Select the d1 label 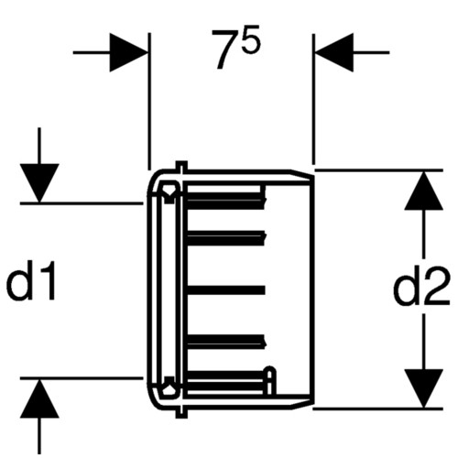(x=31, y=280)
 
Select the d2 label (x=421, y=286)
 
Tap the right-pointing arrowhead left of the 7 (x=129, y=52)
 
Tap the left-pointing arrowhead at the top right (x=334, y=52)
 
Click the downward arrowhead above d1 (x=39, y=183)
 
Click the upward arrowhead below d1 (x=39, y=398)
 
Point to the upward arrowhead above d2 (x=423, y=191)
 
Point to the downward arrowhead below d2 (x=423, y=388)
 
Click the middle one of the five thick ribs (x=225, y=290)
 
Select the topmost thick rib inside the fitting (x=225, y=201)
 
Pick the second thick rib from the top (x=225, y=238)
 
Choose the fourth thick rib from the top (x=225, y=342)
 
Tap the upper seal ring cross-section (x=168, y=192)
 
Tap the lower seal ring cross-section (x=168, y=387)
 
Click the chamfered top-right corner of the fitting (x=301, y=173)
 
